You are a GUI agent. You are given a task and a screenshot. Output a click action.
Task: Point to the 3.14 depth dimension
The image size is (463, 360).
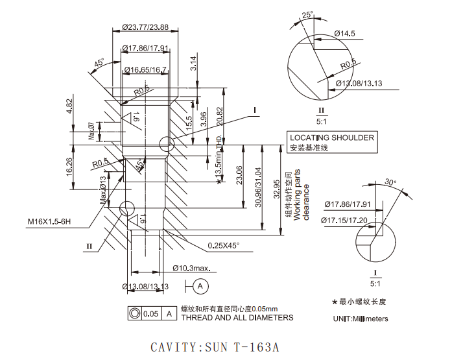[x=193, y=63]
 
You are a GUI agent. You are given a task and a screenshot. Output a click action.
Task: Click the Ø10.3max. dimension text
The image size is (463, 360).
[x=193, y=268]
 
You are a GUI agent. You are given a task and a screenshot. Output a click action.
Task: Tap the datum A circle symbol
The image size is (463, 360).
[x=200, y=285]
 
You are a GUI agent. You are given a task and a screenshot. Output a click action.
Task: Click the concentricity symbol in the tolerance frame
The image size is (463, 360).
[x=135, y=313]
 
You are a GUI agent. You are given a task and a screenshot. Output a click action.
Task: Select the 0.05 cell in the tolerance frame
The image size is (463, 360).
[x=151, y=313]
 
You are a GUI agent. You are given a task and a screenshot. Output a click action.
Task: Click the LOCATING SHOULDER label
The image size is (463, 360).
[x=331, y=138]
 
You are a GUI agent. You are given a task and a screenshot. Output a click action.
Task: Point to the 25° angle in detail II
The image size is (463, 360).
[x=307, y=14]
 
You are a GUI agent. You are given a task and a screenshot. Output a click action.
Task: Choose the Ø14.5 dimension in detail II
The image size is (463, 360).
[x=344, y=32]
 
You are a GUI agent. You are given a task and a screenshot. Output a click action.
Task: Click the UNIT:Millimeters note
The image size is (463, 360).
[x=361, y=318]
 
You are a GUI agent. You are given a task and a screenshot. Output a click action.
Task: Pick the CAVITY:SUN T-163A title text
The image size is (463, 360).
[x=215, y=347]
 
